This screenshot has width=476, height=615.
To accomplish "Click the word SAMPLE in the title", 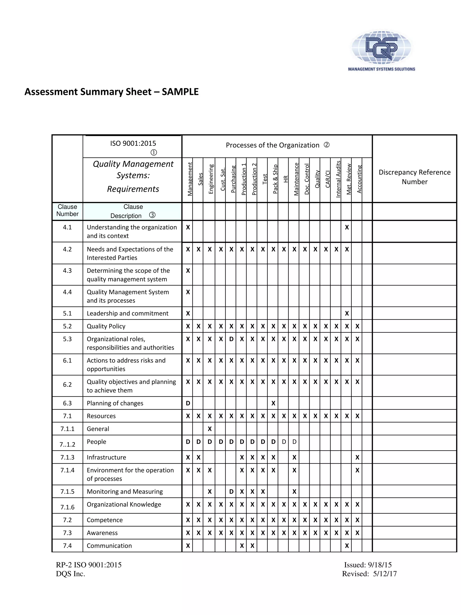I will (180, 92).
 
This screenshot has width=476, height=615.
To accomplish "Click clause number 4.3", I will (67, 271).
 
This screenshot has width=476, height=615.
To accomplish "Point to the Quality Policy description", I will (106, 326).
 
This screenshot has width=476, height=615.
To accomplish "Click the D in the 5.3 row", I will (231, 339).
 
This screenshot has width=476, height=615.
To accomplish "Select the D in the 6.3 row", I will (188, 403).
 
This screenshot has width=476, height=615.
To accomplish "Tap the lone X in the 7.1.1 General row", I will (209, 429).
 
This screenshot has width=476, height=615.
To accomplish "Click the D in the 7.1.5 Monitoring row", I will (231, 492).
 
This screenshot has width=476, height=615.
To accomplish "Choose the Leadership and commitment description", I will (127, 313).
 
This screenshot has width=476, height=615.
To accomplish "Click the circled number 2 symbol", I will (327, 145).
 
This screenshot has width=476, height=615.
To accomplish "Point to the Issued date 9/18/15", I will (380, 565).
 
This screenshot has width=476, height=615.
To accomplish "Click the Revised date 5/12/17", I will (385, 574).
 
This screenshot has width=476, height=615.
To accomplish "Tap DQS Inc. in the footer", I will (70, 574).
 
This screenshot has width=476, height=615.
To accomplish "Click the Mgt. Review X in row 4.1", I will (347, 227).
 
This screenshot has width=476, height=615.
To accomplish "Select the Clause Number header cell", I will (67, 210).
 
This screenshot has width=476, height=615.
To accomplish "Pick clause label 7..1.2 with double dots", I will (67, 445).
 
